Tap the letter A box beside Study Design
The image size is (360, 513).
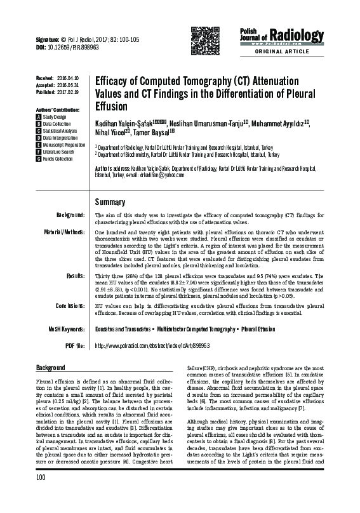39,117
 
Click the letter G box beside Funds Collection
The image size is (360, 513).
39,158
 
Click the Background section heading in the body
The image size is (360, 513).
51,368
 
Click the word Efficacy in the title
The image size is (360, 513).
114,82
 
